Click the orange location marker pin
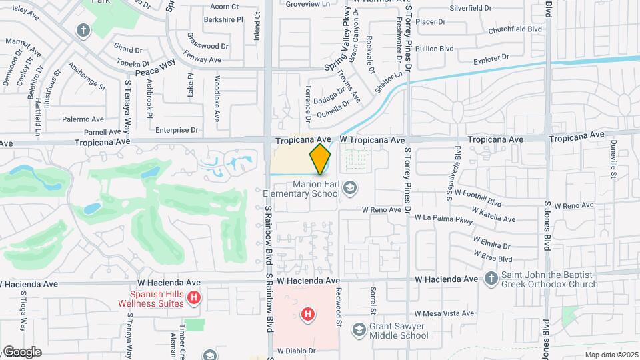tap(320, 159)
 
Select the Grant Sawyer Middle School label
tap(399, 331)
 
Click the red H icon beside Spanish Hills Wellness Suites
tap(193, 297)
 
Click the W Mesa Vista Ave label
tap(444, 313)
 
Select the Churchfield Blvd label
tap(515, 29)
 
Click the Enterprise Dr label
tap(177, 130)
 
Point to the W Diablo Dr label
tap(295, 350)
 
